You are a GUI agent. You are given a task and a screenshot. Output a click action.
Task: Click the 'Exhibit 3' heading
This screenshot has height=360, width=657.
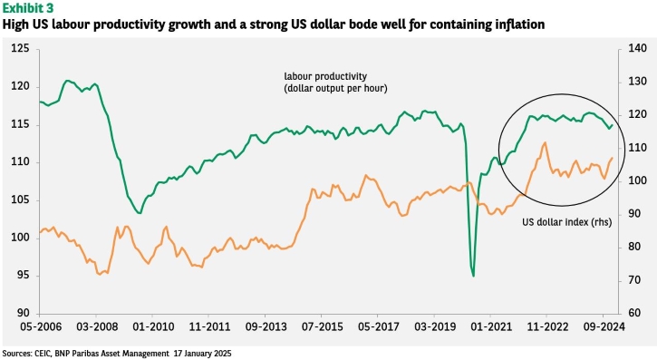(28, 7)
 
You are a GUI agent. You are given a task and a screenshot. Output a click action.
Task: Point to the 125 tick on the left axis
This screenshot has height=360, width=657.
(20, 49)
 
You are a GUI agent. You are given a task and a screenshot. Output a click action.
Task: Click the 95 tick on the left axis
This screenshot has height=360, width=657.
(23, 276)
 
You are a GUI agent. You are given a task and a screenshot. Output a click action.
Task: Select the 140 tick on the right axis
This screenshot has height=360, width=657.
(638, 48)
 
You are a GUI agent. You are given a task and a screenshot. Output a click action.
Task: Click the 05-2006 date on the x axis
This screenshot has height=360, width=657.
(41, 326)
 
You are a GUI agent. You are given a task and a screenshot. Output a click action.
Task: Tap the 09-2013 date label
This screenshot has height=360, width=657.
(266, 326)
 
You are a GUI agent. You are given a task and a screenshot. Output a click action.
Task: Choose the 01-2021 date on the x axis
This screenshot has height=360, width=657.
(491, 326)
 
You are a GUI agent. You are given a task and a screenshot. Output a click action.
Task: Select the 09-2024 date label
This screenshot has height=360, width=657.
(604, 326)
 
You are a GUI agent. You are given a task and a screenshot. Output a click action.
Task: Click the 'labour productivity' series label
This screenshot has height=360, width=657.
(325, 76)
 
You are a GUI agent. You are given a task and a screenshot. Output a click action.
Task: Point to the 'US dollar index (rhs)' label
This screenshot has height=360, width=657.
(567, 222)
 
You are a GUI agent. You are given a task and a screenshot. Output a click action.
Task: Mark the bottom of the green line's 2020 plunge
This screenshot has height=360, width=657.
(473, 276)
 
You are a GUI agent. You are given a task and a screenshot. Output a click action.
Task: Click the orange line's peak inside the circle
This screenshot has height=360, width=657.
(546, 142)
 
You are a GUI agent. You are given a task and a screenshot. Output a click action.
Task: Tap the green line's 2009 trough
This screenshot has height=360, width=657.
(140, 213)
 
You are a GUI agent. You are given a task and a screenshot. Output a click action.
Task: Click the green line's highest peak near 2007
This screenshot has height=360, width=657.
(67, 81)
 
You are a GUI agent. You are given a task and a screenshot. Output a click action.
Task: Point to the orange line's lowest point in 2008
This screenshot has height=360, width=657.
(100, 275)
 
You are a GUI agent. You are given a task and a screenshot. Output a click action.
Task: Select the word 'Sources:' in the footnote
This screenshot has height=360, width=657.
(16, 354)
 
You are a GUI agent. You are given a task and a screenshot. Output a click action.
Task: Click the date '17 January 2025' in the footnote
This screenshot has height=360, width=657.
(202, 354)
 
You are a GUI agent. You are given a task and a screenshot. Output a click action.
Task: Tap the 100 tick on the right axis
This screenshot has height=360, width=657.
(638, 180)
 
